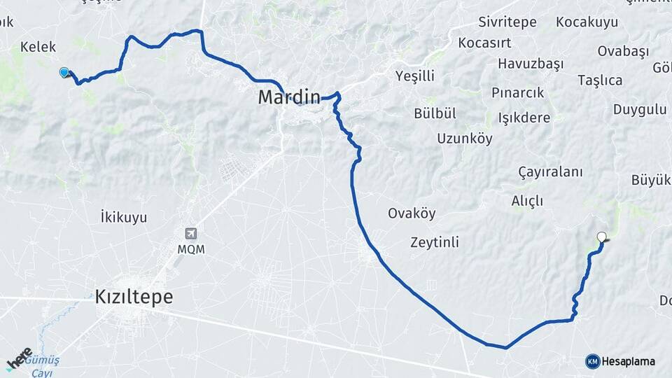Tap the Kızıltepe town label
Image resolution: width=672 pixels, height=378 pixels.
[x=134, y=297]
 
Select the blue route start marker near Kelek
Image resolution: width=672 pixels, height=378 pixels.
[x=64, y=72]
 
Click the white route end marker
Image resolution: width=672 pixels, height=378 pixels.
[x=601, y=237]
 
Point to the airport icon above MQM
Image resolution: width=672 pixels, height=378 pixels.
[x=190, y=234]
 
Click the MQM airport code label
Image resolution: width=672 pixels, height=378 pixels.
[x=190, y=249]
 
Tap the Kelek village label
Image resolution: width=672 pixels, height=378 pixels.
[x=38, y=47]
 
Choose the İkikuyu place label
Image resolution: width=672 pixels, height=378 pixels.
[x=124, y=217]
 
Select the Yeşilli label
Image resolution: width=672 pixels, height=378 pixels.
[x=414, y=76]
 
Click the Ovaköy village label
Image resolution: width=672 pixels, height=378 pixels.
[x=412, y=213]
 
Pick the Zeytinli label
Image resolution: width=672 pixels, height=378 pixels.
[x=434, y=242]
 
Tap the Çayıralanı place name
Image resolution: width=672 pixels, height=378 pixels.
[x=551, y=172]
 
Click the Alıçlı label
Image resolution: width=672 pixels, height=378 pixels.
[x=527, y=201]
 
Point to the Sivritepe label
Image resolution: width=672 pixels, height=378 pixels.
[x=507, y=22]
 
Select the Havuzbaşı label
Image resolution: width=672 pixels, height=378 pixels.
[x=531, y=64]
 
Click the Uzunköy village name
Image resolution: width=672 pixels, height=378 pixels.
[x=465, y=138]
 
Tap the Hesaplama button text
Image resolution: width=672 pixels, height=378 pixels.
[x=629, y=361]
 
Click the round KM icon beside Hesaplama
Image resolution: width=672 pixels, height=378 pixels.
[x=593, y=361]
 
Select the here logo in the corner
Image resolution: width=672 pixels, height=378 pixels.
[x=20, y=358]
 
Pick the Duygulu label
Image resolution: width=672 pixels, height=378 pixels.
[x=640, y=109]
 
